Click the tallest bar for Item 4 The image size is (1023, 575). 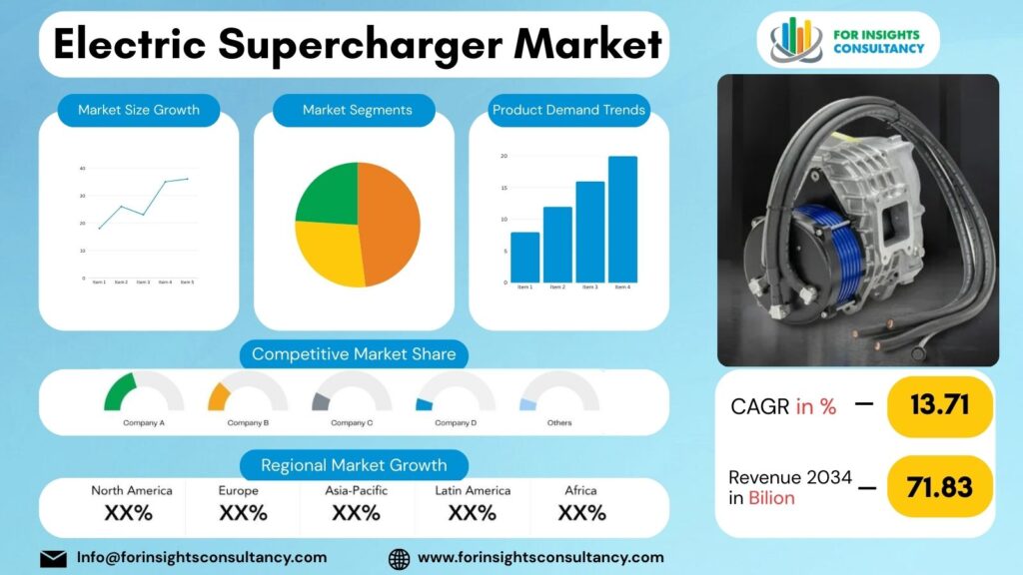tap(622, 220)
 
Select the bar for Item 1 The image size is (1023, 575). tap(524, 257)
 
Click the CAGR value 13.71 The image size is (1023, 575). tap(940, 406)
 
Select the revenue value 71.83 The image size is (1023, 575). tap(940, 486)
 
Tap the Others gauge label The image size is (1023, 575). tap(559, 423)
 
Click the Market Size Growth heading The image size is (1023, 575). tap(139, 110)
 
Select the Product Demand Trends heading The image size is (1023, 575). tap(568, 110)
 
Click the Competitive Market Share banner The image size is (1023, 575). tap(354, 354)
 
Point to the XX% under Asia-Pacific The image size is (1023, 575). tap(356, 513)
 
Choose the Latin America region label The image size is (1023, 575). tap(473, 490)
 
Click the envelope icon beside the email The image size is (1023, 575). tap(53, 558)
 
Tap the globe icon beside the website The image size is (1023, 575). tap(399, 558)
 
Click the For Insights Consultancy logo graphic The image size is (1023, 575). tap(795, 38)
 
